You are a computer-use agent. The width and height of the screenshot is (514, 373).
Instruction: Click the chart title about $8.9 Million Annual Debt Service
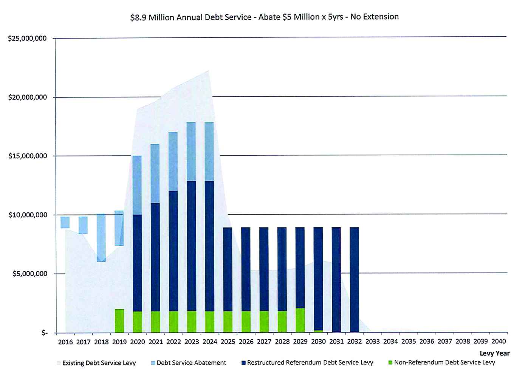(264, 17)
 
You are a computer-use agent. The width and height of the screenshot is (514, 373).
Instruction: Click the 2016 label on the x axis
(65, 342)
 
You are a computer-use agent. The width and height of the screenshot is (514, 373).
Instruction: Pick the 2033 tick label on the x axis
(372, 342)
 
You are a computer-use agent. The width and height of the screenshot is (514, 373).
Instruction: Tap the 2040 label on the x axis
(499, 341)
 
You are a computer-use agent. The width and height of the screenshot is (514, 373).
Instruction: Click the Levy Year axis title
(494, 353)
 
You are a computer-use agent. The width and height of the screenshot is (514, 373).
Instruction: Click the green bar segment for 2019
(119, 321)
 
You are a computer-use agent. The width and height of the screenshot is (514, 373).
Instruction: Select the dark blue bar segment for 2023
(191, 246)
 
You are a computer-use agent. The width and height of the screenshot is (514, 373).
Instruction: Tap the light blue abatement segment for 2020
(137, 185)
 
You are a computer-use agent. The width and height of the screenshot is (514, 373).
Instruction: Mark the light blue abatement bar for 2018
(101, 238)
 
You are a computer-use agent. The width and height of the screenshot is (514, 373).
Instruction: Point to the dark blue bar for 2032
(354, 280)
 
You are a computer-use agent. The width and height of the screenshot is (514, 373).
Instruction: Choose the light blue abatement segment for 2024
(209, 152)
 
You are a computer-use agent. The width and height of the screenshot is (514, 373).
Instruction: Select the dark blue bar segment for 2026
(246, 269)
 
